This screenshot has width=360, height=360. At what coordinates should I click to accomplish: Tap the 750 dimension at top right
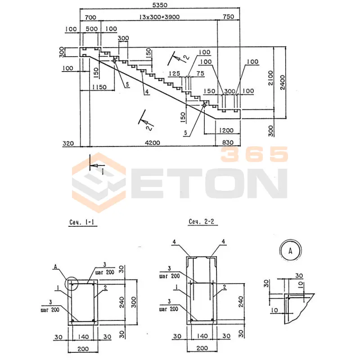[229, 17]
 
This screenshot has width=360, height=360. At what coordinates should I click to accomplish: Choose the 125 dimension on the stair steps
[174, 73]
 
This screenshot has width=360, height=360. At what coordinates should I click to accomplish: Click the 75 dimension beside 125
[200, 73]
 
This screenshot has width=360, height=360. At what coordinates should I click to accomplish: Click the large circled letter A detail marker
[290, 250]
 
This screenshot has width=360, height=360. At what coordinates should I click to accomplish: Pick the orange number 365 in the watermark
[254, 155]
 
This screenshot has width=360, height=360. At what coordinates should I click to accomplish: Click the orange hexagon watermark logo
[99, 182]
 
